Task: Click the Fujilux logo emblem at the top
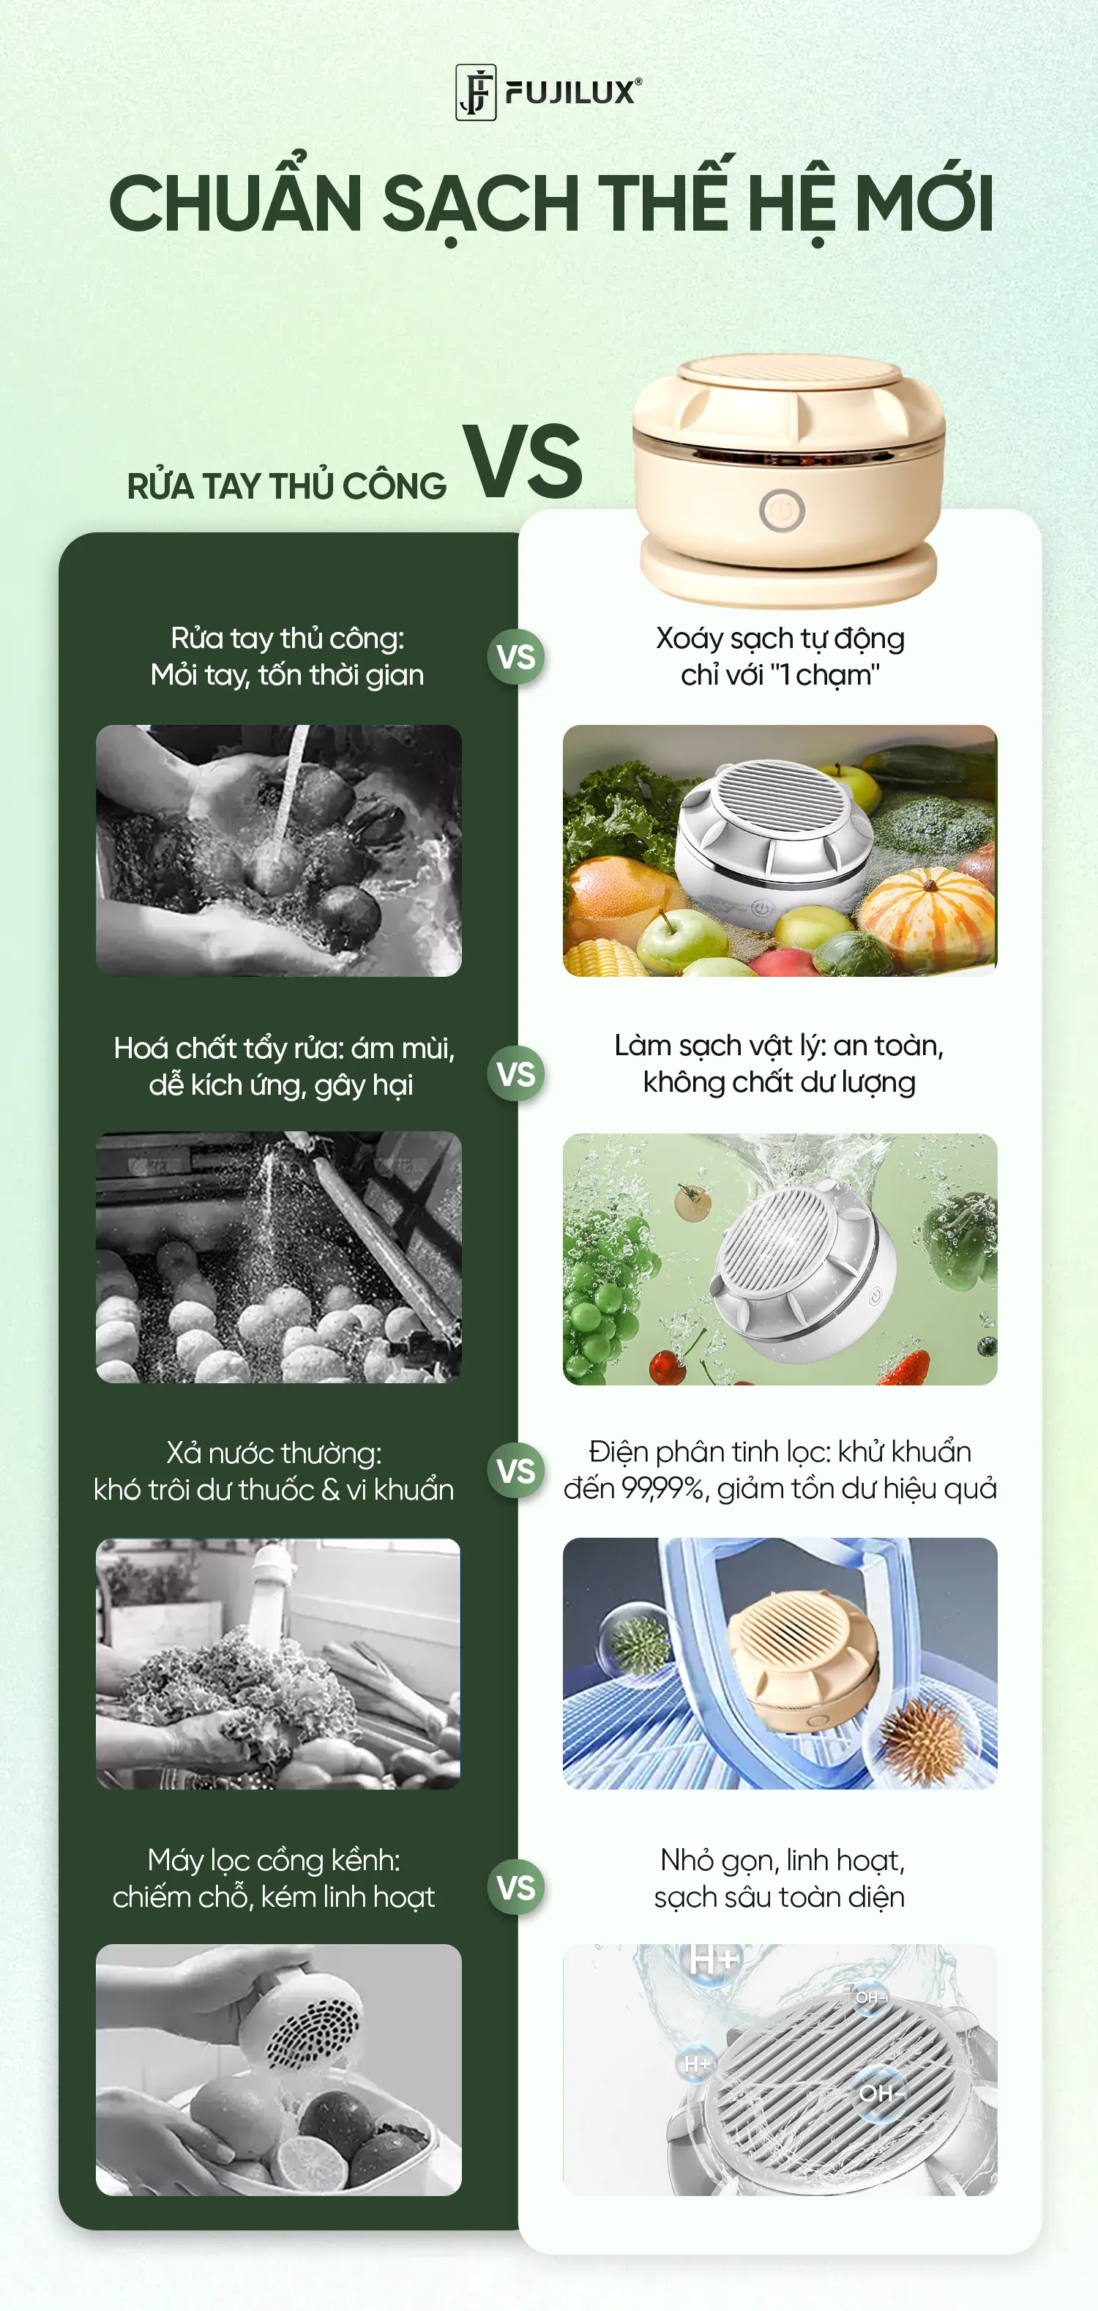click(476, 92)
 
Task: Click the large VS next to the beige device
click(523, 461)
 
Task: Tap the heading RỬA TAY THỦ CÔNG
click(287, 485)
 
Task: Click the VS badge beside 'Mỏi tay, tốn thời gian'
click(516, 658)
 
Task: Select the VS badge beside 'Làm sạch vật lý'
click(516, 1074)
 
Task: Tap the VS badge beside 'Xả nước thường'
click(516, 1470)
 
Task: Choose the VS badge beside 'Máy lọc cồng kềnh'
click(516, 1887)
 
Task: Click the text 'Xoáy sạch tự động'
click(780, 639)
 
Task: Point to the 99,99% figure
click(663, 1489)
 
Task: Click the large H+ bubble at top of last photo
click(713, 1961)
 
